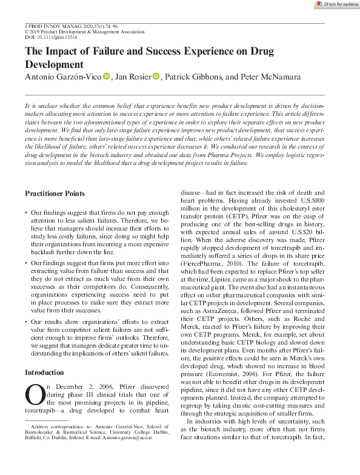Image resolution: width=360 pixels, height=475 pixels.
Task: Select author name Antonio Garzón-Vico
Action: (62, 77)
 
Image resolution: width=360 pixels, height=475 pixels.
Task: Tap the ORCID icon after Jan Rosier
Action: (156, 77)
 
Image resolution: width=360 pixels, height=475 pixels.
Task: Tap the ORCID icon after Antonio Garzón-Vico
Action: (106, 77)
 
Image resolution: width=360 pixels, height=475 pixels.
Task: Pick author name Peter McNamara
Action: (266, 77)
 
